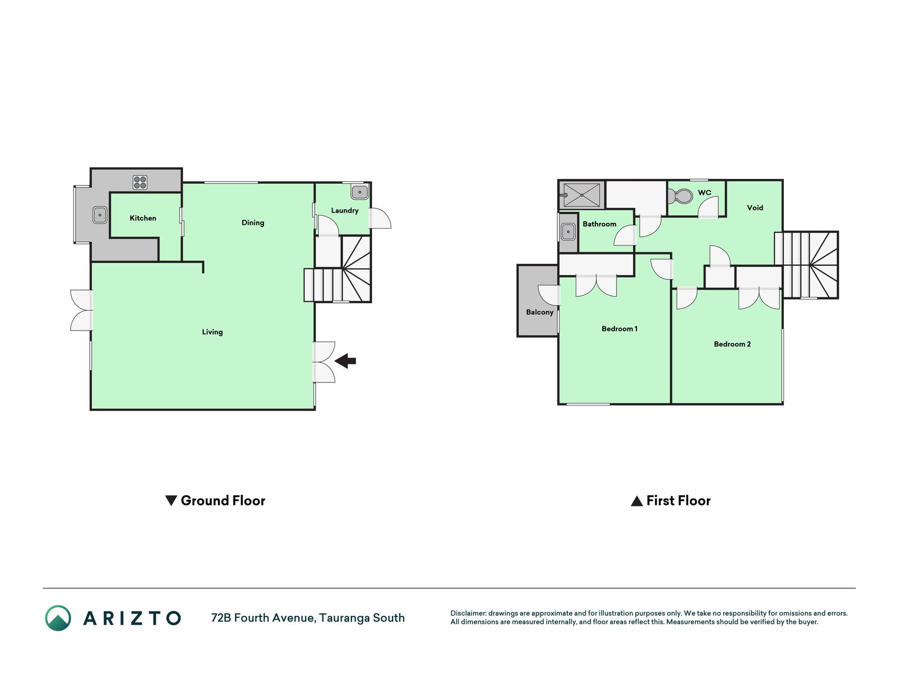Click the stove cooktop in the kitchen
(140, 183)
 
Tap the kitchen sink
(100, 215)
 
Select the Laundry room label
(345, 211)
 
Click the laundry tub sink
(359, 192)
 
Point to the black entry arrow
(345, 361)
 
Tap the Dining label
(253, 223)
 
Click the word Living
(212, 332)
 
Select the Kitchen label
(143, 218)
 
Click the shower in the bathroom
(582, 195)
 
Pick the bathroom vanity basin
(568, 231)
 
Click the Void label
(755, 208)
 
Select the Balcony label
(539, 312)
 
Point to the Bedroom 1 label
(620, 329)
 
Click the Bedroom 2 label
(732, 344)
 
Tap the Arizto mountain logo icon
(58, 618)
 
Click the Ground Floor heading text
(223, 501)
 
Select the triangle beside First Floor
(637, 501)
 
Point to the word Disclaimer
(468, 614)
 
